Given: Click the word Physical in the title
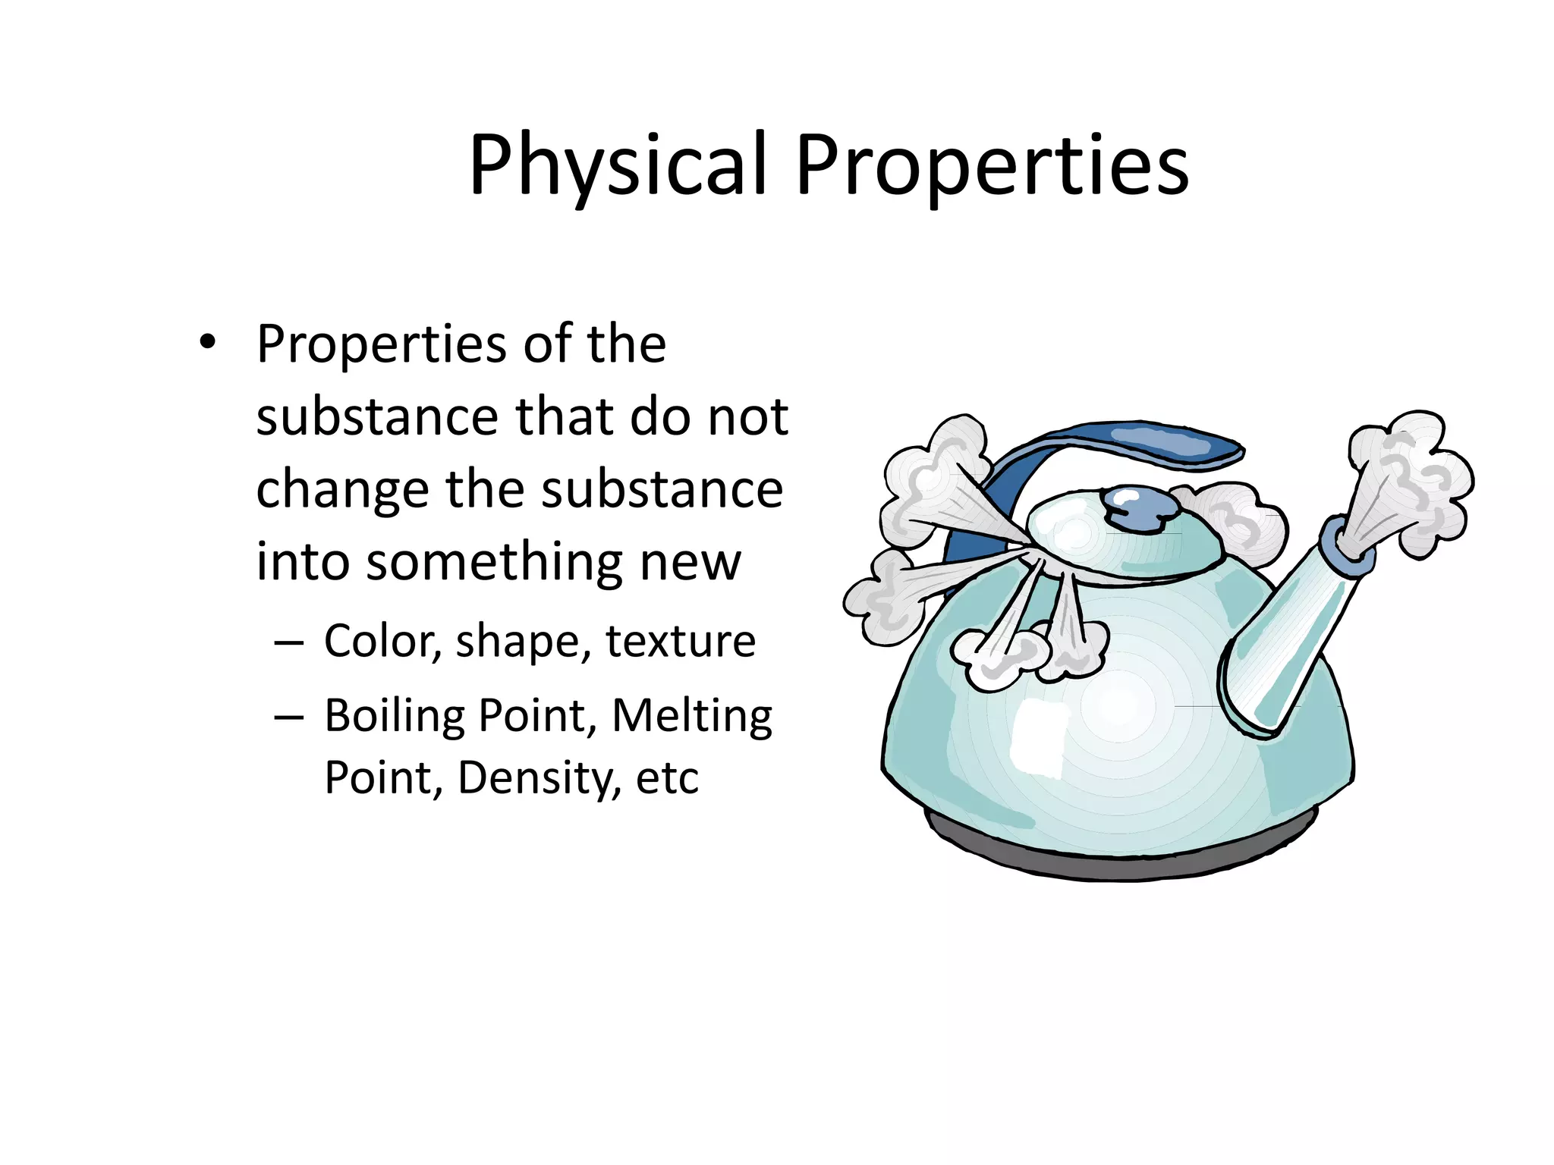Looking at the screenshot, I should pos(618,165).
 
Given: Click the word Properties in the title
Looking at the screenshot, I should pos(992,165).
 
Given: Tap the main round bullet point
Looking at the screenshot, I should pos(207,343).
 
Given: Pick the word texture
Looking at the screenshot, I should pos(680,641).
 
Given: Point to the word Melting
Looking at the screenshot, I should pos(691,715).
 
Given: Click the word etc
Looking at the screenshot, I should pos(667,777).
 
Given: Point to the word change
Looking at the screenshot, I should pos(343,489).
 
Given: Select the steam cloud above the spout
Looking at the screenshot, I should pos(1411,478).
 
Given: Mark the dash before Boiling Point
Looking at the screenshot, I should pos(289,717).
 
